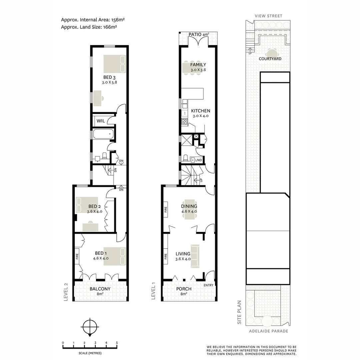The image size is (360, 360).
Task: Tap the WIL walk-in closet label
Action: click(101, 121)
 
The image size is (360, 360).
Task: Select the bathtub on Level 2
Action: click(103, 135)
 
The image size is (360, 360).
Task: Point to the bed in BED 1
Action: click(115, 256)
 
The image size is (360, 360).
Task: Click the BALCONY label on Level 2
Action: click(100, 289)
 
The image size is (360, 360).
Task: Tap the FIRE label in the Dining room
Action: click(166, 210)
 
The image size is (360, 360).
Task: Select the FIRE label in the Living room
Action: click(166, 256)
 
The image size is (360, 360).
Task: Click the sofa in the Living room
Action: click(195, 256)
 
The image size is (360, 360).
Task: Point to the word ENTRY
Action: click(208, 285)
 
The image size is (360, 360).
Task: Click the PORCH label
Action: click(184, 289)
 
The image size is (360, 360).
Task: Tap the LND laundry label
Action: click(198, 160)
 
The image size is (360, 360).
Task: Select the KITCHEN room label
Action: click(200, 111)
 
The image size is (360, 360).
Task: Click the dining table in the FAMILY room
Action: click(189, 68)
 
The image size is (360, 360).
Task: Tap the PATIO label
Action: click(195, 34)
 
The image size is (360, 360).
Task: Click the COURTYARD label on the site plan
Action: click(270, 59)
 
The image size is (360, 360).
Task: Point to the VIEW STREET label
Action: click(268, 16)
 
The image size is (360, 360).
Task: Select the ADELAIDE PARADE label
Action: click(268, 331)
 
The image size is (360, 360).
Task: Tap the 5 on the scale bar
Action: click(117, 343)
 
